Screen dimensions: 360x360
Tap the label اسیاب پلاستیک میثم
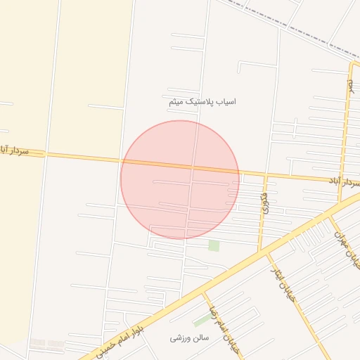(x=202, y=102)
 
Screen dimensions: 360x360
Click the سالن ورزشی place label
(x=190, y=338)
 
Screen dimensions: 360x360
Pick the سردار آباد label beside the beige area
(x=15, y=150)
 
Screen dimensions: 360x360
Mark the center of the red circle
(x=180, y=179)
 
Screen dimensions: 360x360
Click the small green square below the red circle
(x=214, y=245)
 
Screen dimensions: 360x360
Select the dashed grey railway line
(x=295, y=28)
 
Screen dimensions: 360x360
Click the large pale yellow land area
(x=63, y=70)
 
